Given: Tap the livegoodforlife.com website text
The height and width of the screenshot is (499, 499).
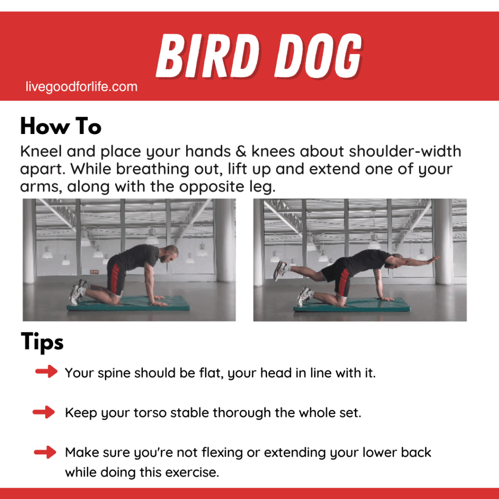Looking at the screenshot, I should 81,87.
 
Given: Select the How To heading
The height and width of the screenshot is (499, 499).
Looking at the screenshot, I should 60,127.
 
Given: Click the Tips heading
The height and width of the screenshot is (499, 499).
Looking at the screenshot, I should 42,342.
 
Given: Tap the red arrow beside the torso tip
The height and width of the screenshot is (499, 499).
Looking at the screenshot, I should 44,412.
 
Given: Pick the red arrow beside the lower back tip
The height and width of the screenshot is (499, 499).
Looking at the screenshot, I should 45,452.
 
